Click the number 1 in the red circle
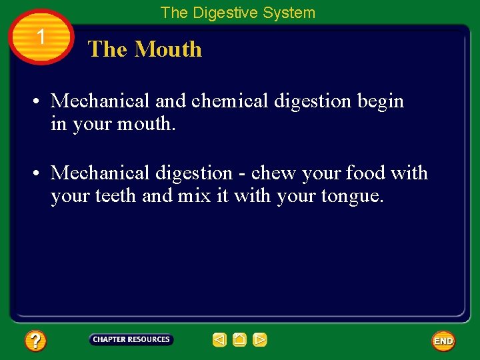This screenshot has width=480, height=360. pos(41,37)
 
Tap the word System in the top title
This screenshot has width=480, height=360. pos(289,13)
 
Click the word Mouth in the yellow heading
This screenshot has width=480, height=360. pos(168,49)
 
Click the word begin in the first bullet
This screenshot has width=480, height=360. pos(381,101)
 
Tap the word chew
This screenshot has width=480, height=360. pos(273,173)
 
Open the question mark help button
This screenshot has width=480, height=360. pos(35,341)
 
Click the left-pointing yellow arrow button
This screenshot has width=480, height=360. pos(219,340)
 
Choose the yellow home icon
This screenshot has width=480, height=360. pos(239,340)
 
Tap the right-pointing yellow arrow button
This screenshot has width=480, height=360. pos(260,340)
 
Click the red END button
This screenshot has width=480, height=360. pos(443,341)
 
